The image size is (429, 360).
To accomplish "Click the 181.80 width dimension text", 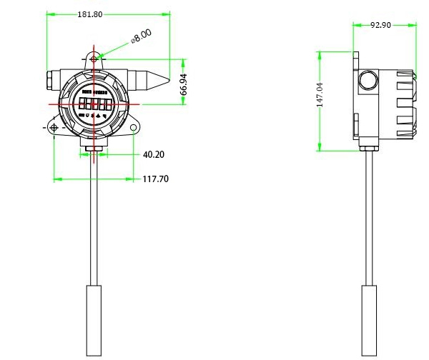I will click(89, 14).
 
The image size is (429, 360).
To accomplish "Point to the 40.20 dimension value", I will click(154, 154).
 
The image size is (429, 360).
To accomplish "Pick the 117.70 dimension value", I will click(155, 179).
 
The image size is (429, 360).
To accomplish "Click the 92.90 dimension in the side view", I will click(380, 25).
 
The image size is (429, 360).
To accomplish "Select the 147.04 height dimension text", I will click(321, 94).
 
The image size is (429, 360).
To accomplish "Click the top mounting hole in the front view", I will click(94, 58).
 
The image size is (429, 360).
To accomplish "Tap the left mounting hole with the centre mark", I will click(54, 128).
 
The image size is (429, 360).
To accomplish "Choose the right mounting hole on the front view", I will click(133, 128).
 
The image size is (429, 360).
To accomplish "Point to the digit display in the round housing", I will click(94, 104).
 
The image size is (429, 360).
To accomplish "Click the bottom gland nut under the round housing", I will click(94, 149).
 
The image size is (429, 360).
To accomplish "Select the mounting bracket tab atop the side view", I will click(355, 60).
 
